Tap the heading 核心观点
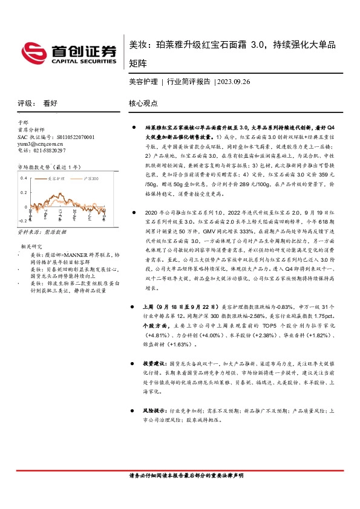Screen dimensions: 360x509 (143, 103)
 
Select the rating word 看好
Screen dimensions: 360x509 (50, 103)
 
